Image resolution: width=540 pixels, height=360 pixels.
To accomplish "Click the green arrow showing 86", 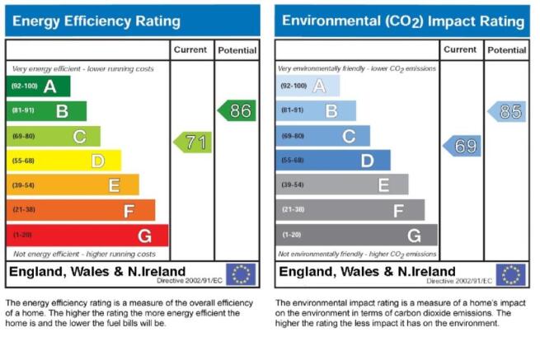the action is (237, 110).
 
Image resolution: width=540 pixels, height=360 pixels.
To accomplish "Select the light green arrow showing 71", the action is (193, 143).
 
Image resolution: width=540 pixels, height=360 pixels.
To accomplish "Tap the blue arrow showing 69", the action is (462, 146).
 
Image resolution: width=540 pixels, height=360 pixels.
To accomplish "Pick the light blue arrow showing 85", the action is (506, 111).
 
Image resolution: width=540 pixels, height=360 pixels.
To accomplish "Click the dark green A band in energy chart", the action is (38, 86).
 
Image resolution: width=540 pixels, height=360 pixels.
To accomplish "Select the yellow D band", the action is (63, 161).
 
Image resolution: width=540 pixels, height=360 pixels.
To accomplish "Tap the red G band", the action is (87, 236).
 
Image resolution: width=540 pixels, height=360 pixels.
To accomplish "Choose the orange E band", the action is (73, 185).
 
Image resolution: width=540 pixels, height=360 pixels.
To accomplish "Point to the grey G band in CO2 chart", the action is (356, 235).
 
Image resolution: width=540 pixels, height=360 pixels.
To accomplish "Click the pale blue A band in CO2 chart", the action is (308, 86).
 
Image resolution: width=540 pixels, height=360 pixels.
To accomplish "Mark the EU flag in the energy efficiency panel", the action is (241, 274).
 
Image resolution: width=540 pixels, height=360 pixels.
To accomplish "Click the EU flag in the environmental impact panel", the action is (510, 274).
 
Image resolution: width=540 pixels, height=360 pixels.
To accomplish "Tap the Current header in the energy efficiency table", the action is (190, 49).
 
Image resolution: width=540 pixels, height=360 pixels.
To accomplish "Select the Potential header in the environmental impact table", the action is (507, 50).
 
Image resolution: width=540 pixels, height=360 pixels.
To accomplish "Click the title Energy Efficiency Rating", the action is (96, 21).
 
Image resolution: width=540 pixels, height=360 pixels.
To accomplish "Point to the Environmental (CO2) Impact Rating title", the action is (403, 21).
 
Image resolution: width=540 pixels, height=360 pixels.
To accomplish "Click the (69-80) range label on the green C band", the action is (23, 136).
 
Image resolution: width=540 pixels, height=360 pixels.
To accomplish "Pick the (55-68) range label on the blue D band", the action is (293, 160).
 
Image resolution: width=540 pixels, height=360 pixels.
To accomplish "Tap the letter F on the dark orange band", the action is (129, 211).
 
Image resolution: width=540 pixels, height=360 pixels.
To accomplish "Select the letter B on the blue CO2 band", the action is (331, 111).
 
